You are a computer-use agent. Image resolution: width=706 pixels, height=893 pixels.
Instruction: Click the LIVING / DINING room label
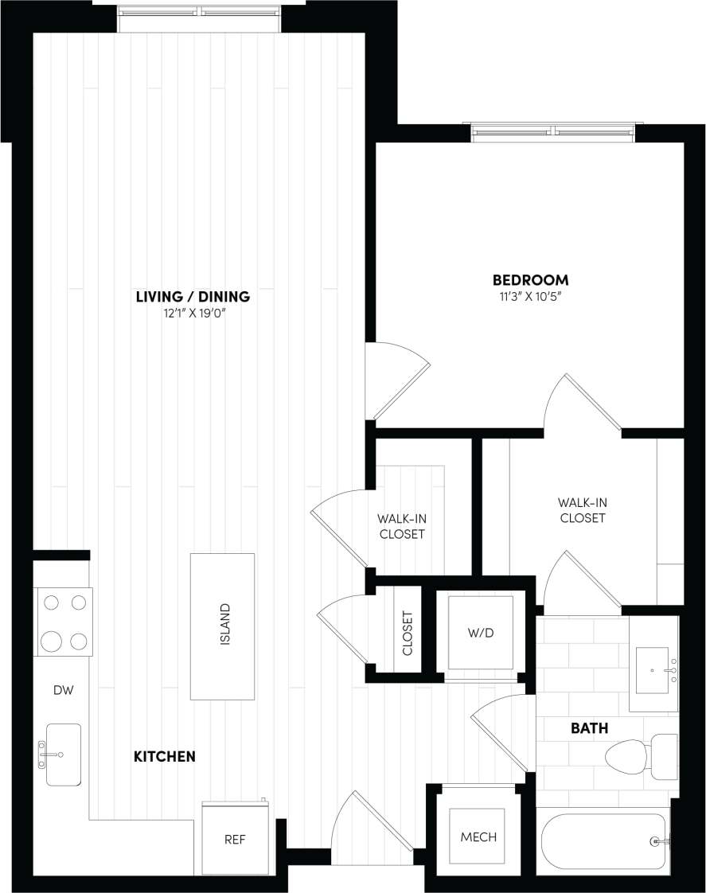pos(193,297)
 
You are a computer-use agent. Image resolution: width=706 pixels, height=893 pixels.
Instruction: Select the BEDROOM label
pos(530,280)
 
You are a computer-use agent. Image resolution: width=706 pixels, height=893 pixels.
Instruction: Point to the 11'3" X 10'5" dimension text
pos(530,297)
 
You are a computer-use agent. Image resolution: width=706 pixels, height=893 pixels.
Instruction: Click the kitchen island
pos(222,626)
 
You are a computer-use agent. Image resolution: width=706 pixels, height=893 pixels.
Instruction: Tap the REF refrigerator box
pos(234,839)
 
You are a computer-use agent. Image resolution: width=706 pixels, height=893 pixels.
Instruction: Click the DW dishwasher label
pos(63,690)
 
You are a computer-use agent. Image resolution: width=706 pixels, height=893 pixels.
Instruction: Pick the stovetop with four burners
pos(64,622)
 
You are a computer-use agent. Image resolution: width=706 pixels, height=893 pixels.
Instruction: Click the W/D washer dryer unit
pos(479,633)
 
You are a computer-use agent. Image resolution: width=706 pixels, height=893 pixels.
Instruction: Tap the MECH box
pos(478,836)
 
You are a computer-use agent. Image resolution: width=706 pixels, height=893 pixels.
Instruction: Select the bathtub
pos(605,841)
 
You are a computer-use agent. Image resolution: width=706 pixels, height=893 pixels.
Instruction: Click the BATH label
pos(589,727)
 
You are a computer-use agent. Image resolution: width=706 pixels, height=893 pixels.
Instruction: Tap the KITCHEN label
pos(164,756)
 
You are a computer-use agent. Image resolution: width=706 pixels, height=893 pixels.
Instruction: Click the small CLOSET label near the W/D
pos(408,633)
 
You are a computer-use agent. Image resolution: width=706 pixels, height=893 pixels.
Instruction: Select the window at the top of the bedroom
pos(555,131)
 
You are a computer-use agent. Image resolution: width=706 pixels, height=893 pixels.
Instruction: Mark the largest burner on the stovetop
pos(52,640)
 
